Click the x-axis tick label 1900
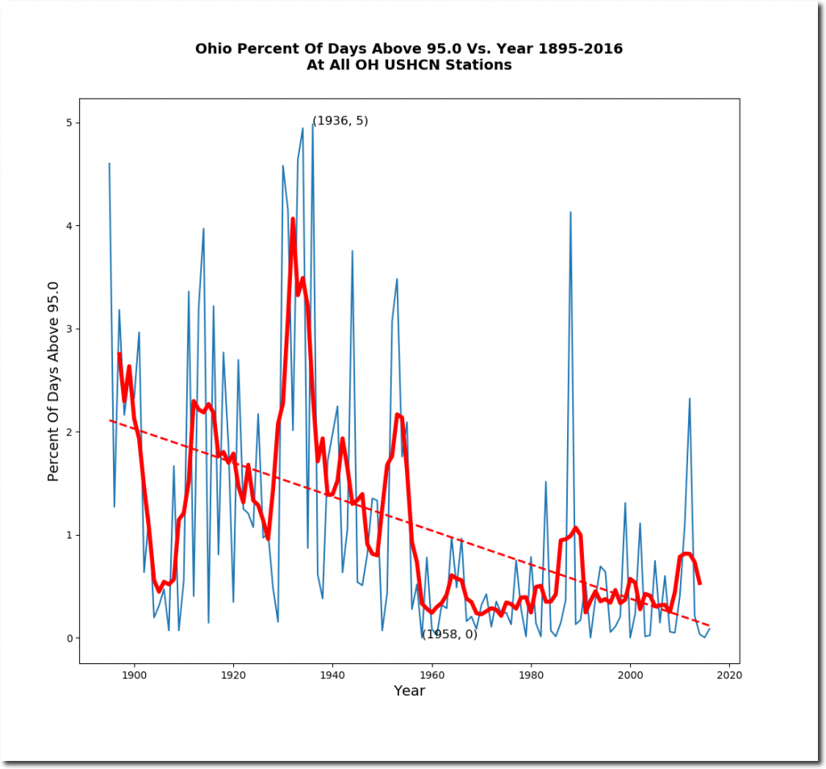tap(134, 675)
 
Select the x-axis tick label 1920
tap(233, 675)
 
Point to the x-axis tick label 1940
tap(332, 675)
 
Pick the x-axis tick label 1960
tap(432, 675)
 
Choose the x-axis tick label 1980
tap(531, 675)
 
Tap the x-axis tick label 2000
tap(630, 675)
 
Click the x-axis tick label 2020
tap(729, 675)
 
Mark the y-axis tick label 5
tap(68, 123)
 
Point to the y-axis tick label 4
tap(68, 226)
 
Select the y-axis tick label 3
tap(68, 329)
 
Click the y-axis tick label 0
tap(68, 638)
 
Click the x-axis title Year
tap(409, 692)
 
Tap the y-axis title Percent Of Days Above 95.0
tap(54, 381)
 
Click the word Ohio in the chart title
tap(212, 49)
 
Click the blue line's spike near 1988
tap(570, 212)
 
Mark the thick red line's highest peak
tap(293, 219)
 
